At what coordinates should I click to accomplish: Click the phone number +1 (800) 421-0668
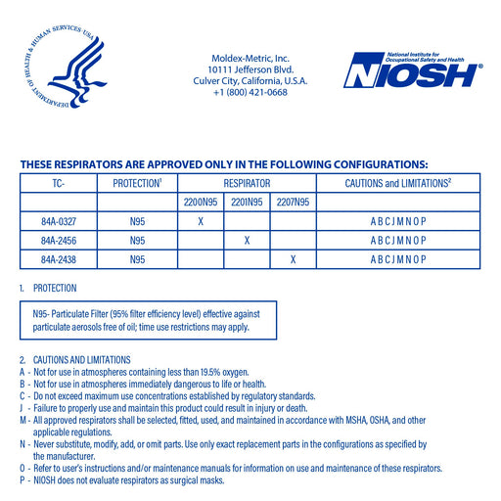click(x=250, y=93)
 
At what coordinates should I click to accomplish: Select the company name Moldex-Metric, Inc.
click(x=250, y=58)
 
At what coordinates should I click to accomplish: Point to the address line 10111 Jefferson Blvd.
click(x=250, y=69)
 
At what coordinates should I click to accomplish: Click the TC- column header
click(x=59, y=183)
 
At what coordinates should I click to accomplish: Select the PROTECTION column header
click(x=137, y=183)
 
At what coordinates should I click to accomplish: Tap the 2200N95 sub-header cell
click(x=201, y=203)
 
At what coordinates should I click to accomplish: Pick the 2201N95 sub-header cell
click(x=247, y=203)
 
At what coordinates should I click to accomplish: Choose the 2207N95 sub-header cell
click(x=293, y=203)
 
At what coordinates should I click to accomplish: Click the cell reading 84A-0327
click(x=59, y=221)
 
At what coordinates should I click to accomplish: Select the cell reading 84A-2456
click(x=59, y=240)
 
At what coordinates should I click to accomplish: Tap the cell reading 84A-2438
click(x=59, y=258)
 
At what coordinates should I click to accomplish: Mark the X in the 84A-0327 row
click(x=201, y=221)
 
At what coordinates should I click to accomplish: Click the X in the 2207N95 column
click(x=293, y=258)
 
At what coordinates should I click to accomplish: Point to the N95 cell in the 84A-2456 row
click(x=137, y=240)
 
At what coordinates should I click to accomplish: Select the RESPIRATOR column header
click(x=247, y=183)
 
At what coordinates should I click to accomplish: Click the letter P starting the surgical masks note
click(x=22, y=480)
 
